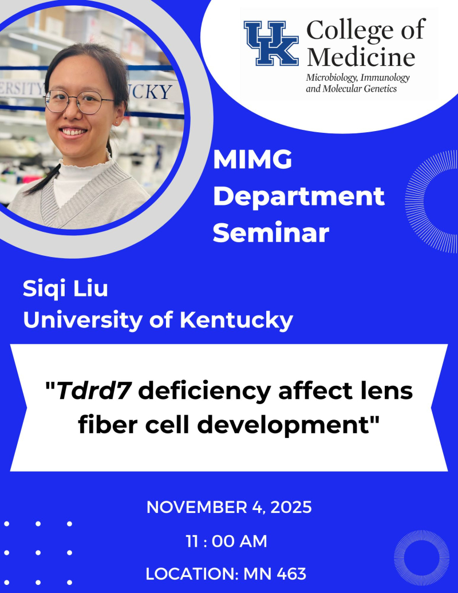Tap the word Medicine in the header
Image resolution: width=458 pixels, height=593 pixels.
click(x=361, y=57)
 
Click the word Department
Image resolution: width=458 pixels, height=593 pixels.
click(x=302, y=197)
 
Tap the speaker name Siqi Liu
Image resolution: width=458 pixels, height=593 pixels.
click(x=65, y=289)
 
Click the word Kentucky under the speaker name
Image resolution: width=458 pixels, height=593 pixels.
click(x=236, y=320)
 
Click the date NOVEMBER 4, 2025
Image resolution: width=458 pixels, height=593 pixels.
click(x=229, y=508)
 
